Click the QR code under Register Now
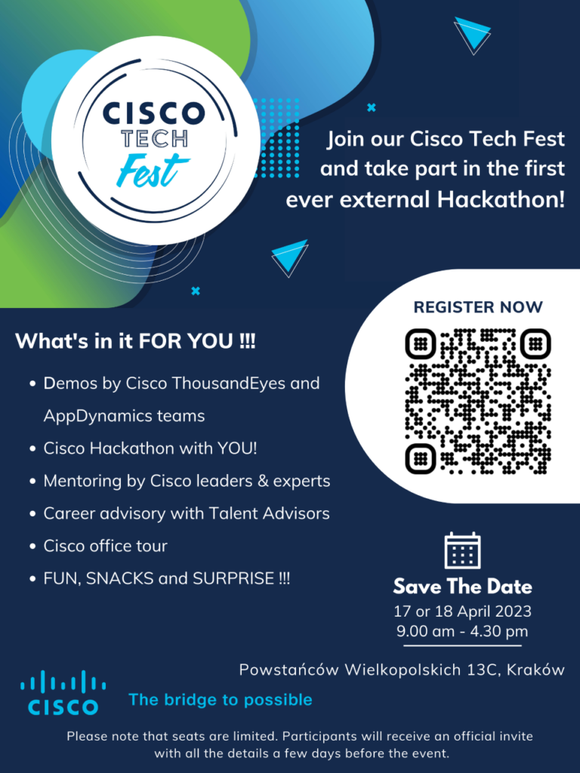(x=478, y=401)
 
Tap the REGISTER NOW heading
(x=478, y=307)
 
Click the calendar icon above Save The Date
(x=462, y=550)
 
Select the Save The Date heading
(x=463, y=587)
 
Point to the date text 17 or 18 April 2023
(x=463, y=611)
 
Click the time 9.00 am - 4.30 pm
(x=462, y=631)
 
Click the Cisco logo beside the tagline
(x=63, y=693)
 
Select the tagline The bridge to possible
(x=221, y=700)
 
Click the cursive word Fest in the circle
(x=153, y=171)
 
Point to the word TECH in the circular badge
(x=155, y=139)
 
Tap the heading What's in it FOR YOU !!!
(x=136, y=340)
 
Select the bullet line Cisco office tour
(x=105, y=546)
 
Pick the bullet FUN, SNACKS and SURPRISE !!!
(x=167, y=578)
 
